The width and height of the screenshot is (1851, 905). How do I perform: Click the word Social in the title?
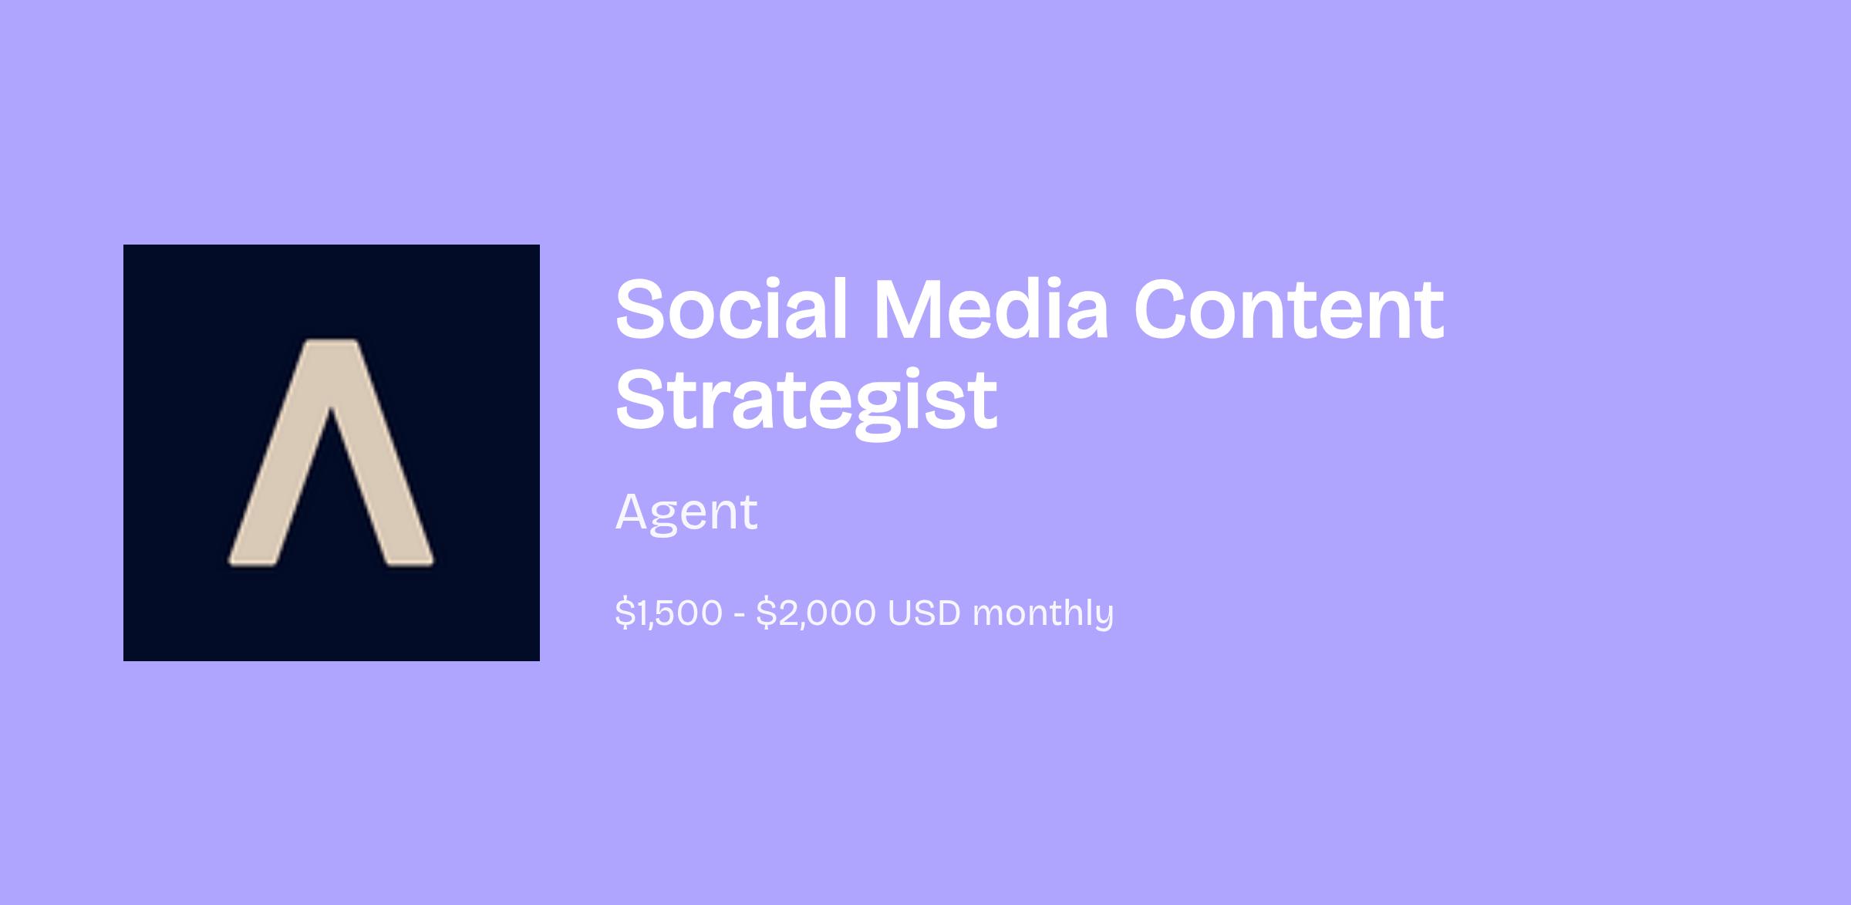click(x=732, y=309)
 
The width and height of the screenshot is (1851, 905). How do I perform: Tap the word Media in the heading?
click(x=991, y=309)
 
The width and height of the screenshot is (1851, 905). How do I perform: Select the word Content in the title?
click(x=1289, y=310)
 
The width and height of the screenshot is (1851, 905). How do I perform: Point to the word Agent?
click(x=686, y=512)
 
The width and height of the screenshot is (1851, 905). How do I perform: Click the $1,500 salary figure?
click(x=669, y=613)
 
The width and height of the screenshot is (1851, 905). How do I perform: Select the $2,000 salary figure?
click(x=816, y=613)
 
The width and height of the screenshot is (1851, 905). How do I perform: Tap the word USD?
click(x=924, y=613)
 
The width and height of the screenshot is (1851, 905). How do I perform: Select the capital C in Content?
click(x=1163, y=309)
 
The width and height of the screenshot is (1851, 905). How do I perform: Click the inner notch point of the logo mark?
click(x=331, y=407)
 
